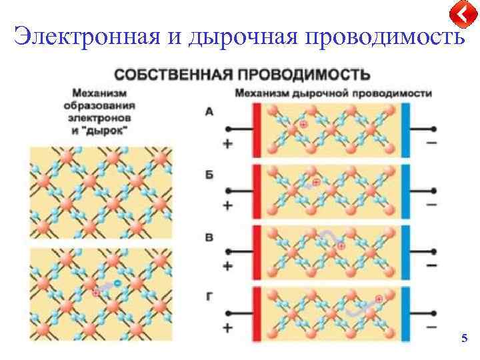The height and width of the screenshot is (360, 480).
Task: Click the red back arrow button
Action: pyautogui.click(x=461, y=13)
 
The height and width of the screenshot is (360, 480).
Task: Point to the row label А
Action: pyautogui.click(x=209, y=112)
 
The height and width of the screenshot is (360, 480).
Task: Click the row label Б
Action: pyautogui.click(x=209, y=174)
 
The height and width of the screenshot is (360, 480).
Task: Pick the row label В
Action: pyautogui.click(x=209, y=237)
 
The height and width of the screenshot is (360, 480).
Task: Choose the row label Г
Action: pyautogui.click(x=209, y=296)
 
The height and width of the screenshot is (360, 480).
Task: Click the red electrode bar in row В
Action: pyautogui.click(x=255, y=252)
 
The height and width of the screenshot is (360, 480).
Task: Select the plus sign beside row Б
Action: pyautogui.click(x=227, y=205)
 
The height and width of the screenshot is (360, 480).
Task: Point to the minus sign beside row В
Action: pyautogui.click(x=432, y=266)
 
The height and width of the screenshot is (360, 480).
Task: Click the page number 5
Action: pyautogui.click(x=464, y=339)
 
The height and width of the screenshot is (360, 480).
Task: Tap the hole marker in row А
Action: pyautogui.click(x=303, y=125)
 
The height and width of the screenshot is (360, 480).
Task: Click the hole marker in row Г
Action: pyautogui.click(x=379, y=299)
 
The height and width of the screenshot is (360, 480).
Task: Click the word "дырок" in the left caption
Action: pyautogui.click(x=116, y=125)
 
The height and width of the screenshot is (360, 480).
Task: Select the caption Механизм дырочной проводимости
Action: pyautogui.click(x=333, y=93)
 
